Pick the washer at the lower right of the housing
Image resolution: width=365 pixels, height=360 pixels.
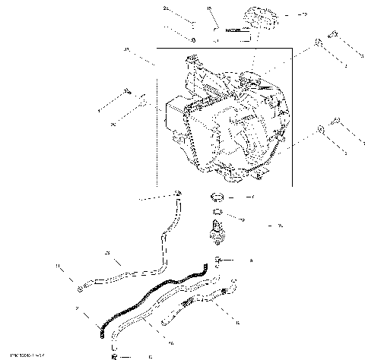(322, 131)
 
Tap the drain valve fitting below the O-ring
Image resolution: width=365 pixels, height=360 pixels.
(217, 229)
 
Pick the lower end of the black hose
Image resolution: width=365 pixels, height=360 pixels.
(102, 330)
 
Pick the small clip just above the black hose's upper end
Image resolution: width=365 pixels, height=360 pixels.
(217, 261)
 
